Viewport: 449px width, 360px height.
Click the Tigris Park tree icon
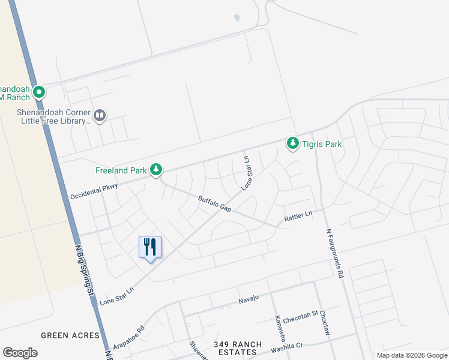click(293, 143)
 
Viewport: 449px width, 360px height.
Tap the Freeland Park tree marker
click(156, 170)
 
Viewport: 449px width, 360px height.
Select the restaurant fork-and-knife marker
click(150, 247)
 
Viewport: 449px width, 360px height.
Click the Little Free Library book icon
click(100, 116)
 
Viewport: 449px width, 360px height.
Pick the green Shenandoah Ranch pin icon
click(39, 92)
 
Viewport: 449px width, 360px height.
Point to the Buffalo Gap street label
click(215, 203)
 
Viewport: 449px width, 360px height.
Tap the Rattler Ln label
click(298, 215)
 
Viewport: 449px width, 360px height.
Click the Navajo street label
click(248, 298)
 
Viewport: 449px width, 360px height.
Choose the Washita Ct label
click(287, 346)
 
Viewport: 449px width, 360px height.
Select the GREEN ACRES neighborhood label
click(64, 335)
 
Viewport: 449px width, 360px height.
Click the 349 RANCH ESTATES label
click(238, 349)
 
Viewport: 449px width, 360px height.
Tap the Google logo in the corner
click(20, 353)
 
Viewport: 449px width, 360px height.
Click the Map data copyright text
click(411, 355)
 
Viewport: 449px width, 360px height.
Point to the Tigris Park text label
click(322, 144)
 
